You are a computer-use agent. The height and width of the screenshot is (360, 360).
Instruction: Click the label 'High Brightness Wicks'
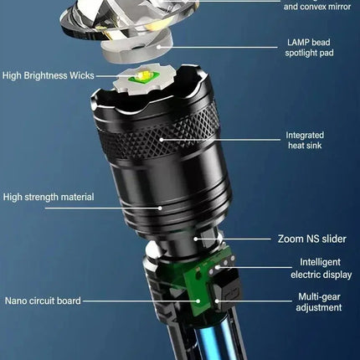point(47,76)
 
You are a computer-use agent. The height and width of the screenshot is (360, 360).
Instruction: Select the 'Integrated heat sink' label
point(305,141)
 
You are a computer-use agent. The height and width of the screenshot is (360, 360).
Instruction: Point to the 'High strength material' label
point(48,198)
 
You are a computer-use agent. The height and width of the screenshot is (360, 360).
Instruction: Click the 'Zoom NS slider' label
point(311,239)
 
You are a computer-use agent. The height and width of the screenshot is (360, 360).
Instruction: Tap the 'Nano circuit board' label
point(44,300)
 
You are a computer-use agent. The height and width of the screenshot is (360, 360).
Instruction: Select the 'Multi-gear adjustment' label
point(321,302)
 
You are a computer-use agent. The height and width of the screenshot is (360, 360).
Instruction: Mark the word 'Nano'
point(18,300)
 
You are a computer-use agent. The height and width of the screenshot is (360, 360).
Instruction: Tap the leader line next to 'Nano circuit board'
point(134,300)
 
